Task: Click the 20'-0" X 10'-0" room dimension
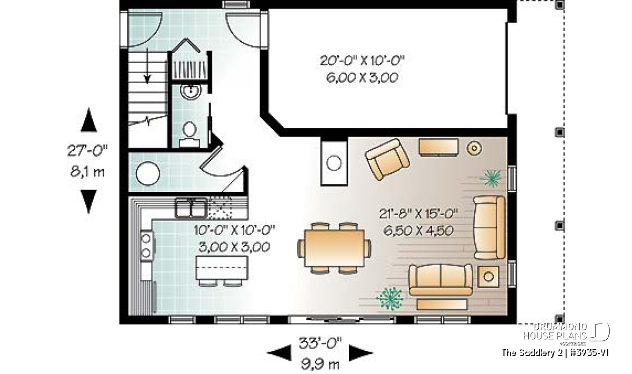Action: pos(362,60)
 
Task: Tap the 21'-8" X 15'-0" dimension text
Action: pos(418,214)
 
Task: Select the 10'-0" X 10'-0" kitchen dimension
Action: pos(234,230)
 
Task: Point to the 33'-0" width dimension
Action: pos(320,343)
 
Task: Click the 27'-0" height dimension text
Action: pos(87,150)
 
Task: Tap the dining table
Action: pos(334,248)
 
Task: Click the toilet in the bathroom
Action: pos(189,134)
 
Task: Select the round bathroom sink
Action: pos(191,90)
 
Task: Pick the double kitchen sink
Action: pos(191,208)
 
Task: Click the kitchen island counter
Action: pos(222,268)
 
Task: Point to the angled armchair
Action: pos(387,159)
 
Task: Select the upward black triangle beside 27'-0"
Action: pos(88,120)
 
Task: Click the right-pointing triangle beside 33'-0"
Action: pos(361,352)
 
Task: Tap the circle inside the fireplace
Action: pos(334,163)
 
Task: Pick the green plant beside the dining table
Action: pos(390,298)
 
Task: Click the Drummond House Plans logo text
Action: pos(555,331)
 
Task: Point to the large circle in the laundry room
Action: pos(148,174)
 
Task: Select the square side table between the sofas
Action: pos(488,277)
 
